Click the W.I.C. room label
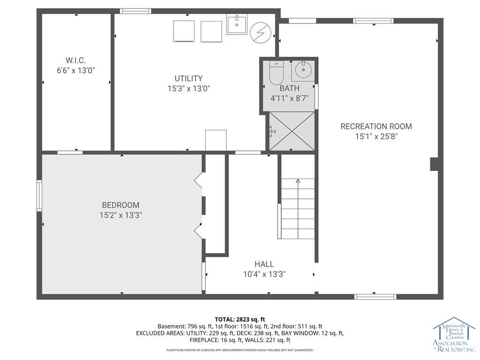point(75,60)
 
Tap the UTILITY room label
point(188,78)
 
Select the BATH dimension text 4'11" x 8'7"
point(289,98)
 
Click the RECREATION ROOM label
point(376,126)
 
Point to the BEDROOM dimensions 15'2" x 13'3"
point(120,215)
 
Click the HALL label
point(264,264)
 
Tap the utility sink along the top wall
point(237,24)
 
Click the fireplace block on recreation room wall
point(434,164)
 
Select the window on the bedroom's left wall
point(40,196)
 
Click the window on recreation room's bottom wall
point(375,297)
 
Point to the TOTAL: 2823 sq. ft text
point(240,319)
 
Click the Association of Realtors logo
point(453,335)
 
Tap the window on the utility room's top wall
point(135,11)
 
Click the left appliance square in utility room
point(183,31)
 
